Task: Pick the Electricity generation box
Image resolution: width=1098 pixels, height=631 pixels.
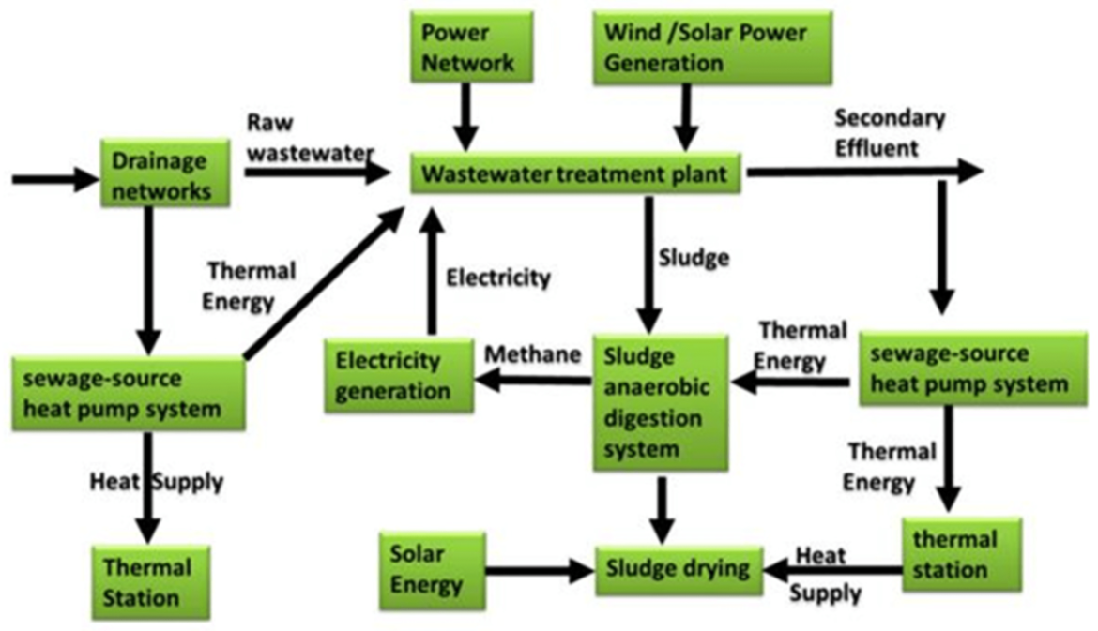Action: point(399,375)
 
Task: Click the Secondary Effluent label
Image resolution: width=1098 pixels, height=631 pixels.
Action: point(890,132)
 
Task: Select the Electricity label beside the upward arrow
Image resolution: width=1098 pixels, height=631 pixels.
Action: point(497,278)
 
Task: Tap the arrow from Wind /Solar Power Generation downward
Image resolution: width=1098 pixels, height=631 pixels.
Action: point(688,116)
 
